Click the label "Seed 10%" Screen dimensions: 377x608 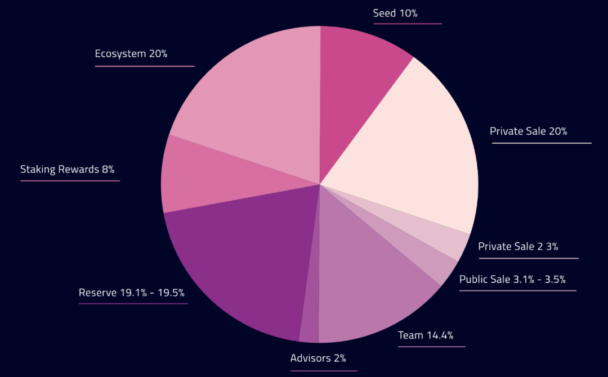pyautogui.click(x=395, y=13)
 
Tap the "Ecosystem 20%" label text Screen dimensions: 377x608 pyautogui.click(x=131, y=54)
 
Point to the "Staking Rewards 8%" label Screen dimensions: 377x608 pyautogui.click(x=68, y=169)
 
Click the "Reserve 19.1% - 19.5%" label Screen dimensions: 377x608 pyautogui.click(x=132, y=293)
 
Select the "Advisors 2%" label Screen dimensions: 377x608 pyautogui.click(x=318, y=358)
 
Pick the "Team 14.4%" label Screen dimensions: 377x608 pyautogui.click(x=426, y=335)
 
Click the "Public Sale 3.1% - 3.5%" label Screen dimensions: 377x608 pyautogui.click(x=512, y=279)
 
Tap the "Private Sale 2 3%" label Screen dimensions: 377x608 pyautogui.click(x=518, y=247)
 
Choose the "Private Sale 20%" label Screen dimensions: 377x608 pyautogui.click(x=529, y=131)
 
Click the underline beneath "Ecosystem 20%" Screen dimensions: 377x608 pyautogui.click(x=145, y=66)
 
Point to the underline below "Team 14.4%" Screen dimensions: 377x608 pyautogui.click(x=432, y=347)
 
